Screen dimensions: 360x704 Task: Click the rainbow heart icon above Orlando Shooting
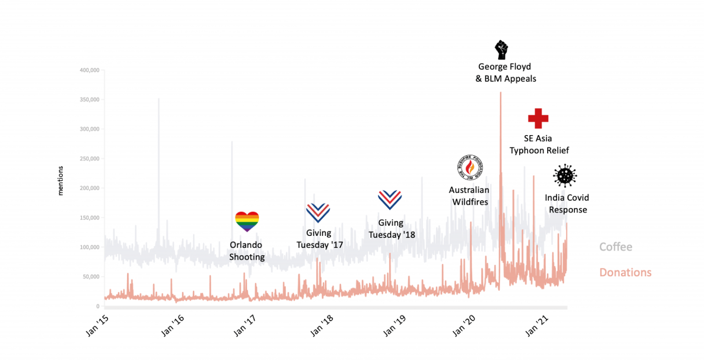(x=247, y=222)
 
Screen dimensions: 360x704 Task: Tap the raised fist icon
(x=502, y=50)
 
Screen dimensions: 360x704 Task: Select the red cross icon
(x=538, y=118)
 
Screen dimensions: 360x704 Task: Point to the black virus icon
(x=565, y=176)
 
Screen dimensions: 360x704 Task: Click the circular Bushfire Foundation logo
(x=469, y=168)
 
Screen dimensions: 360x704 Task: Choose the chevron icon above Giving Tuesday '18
(x=390, y=200)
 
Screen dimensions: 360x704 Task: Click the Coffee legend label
(x=616, y=247)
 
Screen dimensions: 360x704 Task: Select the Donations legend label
(x=625, y=273)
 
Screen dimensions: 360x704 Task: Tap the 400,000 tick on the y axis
(x=89, y=70)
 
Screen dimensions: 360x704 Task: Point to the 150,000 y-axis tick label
(x=89, y=218)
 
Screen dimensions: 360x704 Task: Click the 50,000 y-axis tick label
(x=91, y=277)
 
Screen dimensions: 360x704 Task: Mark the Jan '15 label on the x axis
(x=97, y=325)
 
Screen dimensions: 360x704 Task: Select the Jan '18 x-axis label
(x=322, y=325)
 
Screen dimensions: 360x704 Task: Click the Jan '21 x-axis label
(x=537, y=325)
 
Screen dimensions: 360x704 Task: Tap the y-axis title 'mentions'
(x=60, y=181)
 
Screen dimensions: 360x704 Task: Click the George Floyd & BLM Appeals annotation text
(x=505, y=72)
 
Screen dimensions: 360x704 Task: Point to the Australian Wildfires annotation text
(x=469, y=196)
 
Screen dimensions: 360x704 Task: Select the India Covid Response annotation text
(x=567, y=203)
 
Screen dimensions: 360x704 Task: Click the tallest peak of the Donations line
(x=500, y=93)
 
